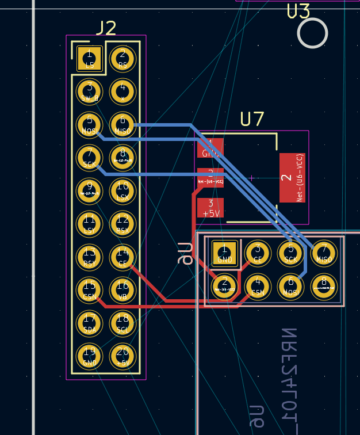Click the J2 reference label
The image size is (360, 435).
click(106, 28)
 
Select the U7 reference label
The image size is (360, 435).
click(252, 119)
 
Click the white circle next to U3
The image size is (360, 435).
click(312, 33)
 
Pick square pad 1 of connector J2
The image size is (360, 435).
click(89, 59)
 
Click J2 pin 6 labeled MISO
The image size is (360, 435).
click(122, 124)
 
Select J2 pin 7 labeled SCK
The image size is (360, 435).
click(89, 157)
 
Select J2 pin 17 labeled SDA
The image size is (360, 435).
click(89, 322)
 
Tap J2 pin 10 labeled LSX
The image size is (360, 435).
click(122, 190)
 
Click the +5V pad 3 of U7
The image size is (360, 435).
click(210, 208)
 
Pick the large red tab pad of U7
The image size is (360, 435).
click(292, 177)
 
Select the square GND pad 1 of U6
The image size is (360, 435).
click(224, 253)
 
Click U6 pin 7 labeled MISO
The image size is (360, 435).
click(324, 253)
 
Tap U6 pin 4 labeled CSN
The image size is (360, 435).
click(258, 286)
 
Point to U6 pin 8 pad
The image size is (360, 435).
click(324, 286)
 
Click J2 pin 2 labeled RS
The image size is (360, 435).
click(122, 59)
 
